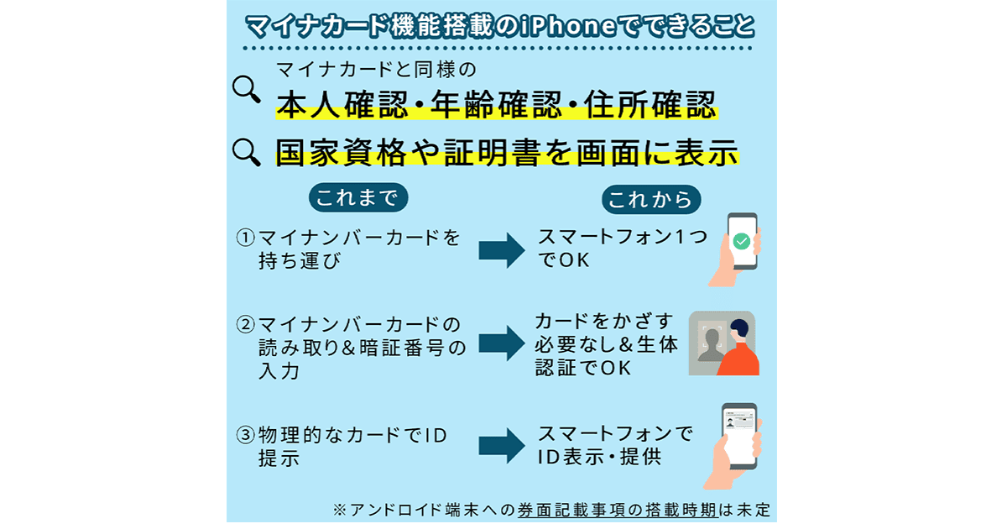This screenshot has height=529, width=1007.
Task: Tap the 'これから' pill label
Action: [x=650, y=199]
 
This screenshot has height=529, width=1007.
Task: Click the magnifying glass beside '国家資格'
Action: [x=247, y=151]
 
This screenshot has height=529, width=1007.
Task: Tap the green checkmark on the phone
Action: [x=741, y=242]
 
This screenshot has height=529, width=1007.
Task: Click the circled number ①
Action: [x=245, y=238]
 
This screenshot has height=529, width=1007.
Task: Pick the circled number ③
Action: [x=245, y=436]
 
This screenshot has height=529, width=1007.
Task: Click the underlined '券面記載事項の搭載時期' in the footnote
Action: [x=610, y=510]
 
